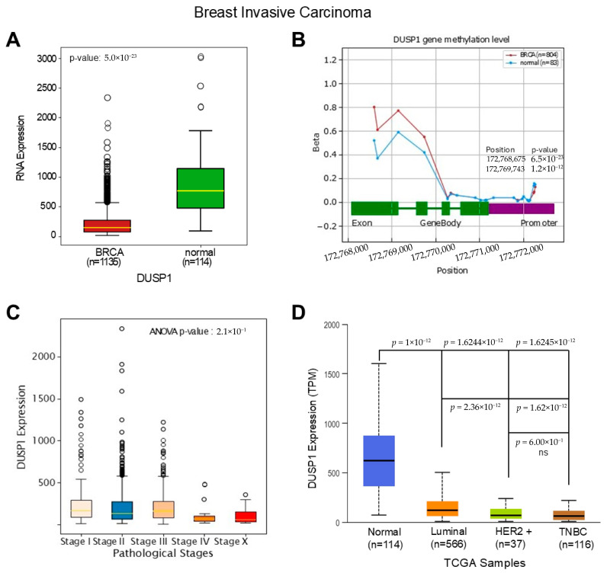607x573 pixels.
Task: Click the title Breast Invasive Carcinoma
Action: [x=282, y=12]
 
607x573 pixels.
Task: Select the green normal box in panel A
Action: [x=201, y=188]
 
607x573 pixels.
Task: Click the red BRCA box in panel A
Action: [x=108, y=226]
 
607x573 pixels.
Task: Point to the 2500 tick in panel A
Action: [x=47, y=88]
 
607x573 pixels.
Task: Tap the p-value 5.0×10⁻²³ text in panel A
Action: [x=103, y=58]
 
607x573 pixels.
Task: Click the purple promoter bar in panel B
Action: [x=522, y=209]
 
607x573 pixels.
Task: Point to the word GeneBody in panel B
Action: [x=441, y=222]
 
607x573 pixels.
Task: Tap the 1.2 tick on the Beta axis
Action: [x=330, y=60]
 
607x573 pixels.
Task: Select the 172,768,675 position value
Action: [x=506, y=159]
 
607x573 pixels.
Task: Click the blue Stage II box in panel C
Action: [x=121, y=511]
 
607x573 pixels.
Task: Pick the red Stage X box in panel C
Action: [x=246, y=517]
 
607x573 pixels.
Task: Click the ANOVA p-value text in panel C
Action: [x=198, y=331]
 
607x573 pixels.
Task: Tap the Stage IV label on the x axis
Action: [x=191, y=541]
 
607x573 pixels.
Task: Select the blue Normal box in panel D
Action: [x=379, y=461]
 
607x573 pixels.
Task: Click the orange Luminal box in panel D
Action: [x=442, y=508]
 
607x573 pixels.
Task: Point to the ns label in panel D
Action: [x=543, y=453]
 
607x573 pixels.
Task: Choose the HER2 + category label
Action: [x=514, y=531]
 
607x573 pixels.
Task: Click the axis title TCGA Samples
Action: [x=485, y=562]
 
